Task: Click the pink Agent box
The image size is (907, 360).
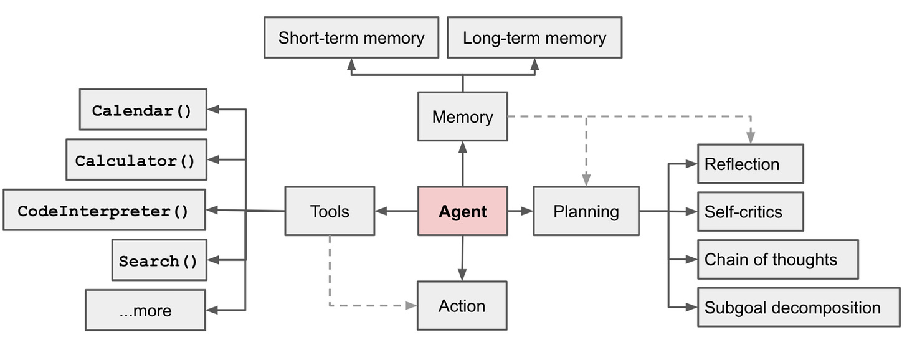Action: pos(462,211)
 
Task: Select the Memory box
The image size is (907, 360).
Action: pos(462,116)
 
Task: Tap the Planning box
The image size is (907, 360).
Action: pos(586,211)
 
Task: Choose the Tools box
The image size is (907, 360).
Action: pos(330,211)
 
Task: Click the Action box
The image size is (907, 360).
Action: pos(462,306)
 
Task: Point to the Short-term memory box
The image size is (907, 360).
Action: pos(351,38)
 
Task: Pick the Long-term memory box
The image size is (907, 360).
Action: pos(534,38)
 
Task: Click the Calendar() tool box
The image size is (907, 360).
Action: pos(143,110)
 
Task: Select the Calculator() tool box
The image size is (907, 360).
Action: pos(136,160)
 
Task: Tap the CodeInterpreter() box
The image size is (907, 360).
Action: pos(104,211)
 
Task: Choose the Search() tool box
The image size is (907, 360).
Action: pos(159,260)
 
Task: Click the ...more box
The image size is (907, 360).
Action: pos(145,310)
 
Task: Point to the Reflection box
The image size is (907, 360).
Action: pos(750,164)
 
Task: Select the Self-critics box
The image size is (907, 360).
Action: pos(750,212)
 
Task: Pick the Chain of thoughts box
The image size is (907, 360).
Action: pos(777,259)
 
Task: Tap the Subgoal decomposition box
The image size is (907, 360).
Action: pos(798,307)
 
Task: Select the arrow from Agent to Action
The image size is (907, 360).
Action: pos(462,258)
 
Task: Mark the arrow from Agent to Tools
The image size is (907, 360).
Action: pos(396,211)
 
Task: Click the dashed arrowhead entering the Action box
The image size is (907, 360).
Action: pos(410,306)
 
